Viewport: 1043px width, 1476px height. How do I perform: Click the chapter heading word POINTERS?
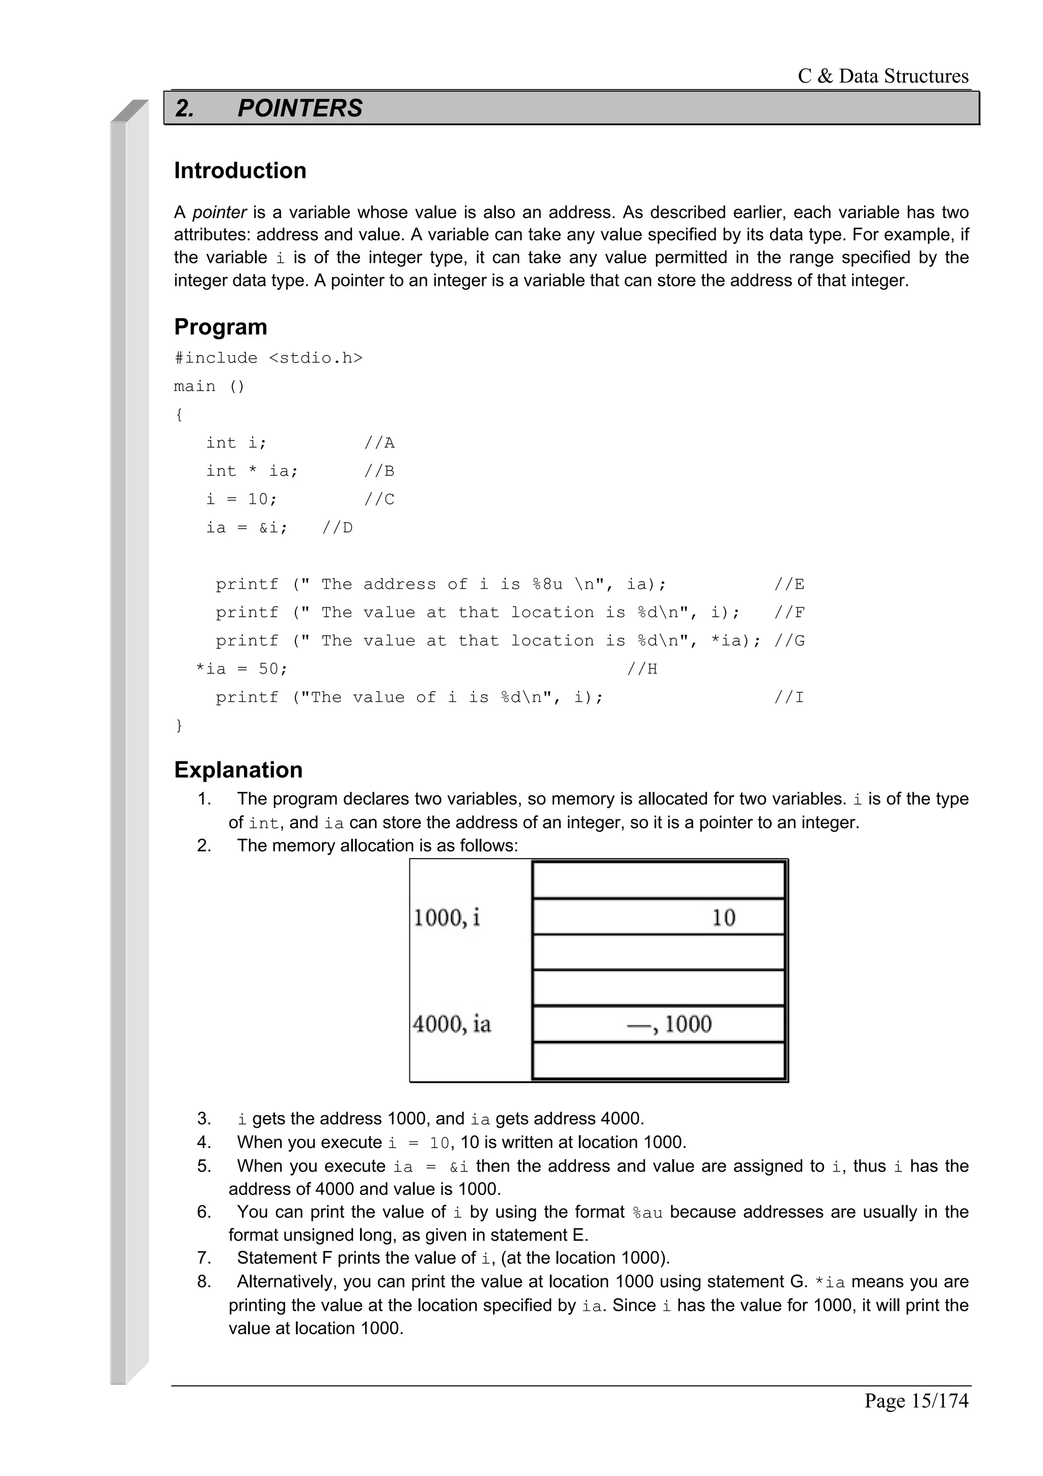299,108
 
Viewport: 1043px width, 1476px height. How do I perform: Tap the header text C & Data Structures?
883,76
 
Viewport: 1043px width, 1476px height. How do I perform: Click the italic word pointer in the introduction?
219,212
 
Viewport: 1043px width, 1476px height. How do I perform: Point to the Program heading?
221,326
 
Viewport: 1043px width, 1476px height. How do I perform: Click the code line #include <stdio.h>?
268,358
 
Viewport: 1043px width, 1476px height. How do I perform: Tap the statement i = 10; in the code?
241,500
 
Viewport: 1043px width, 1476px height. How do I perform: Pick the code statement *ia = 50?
241,669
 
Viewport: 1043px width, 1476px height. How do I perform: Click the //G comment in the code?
789,641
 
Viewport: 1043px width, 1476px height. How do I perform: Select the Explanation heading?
238,770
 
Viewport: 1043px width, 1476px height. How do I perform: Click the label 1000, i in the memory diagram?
447,917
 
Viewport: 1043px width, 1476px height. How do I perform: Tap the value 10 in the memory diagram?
723,917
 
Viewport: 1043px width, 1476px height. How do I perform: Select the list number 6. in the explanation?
204,1212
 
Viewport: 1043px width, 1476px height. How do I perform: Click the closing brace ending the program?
179,726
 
